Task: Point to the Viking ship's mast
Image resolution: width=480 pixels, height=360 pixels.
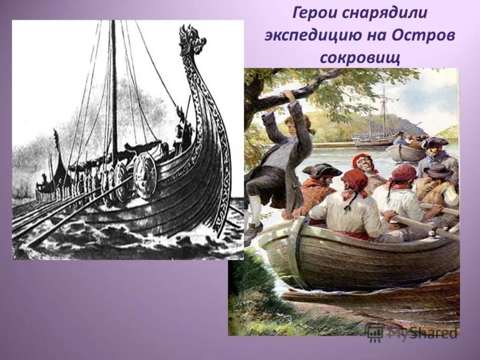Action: (113, 90)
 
